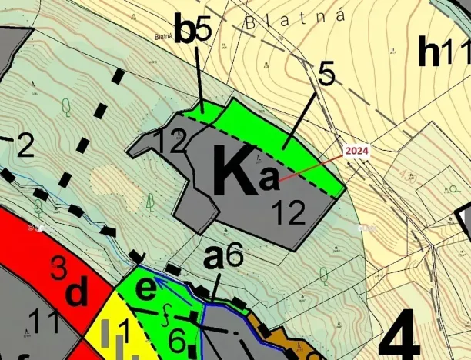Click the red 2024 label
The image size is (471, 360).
click(x=356, y=151)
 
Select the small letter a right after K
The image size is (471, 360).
click(x=269, y=179)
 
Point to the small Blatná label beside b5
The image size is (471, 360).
click(x=162, y=36)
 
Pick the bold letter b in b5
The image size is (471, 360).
click(x=185, y=30)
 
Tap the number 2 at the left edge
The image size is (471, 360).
click(x=25, y=146)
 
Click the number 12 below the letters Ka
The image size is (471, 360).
click(x=289, y=213)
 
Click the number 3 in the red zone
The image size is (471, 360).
click(x=58, y=268)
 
